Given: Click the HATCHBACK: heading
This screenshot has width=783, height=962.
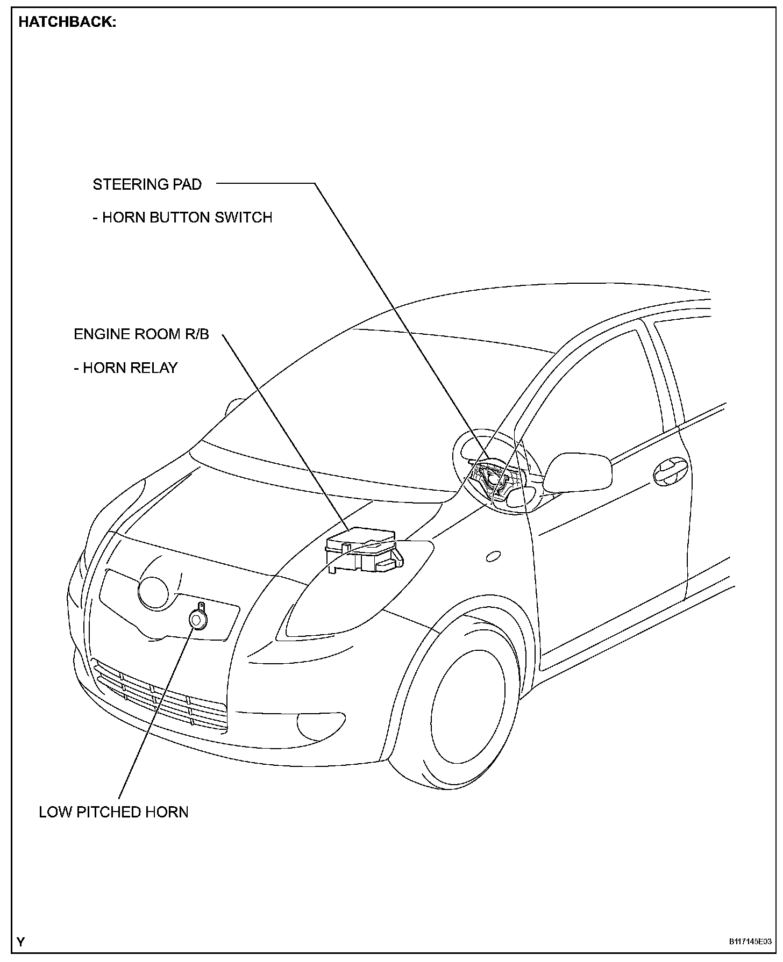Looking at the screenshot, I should (67, 23).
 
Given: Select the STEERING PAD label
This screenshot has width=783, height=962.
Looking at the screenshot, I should (147, 184).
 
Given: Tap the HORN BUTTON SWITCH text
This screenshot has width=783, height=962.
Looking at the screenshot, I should (187, 217).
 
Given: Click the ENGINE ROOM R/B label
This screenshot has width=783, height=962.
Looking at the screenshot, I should (141, 334).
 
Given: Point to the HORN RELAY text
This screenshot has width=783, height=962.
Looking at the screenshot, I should (130, 368).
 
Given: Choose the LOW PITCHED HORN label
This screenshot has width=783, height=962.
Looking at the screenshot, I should (113, 811).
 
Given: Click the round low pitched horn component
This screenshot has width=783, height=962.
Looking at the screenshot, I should (197, 620).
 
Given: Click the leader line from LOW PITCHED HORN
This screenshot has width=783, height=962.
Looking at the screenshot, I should (156, 715).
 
